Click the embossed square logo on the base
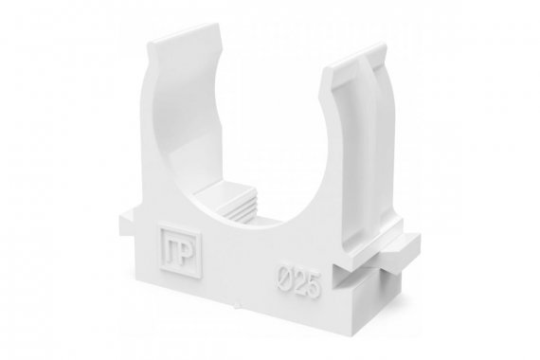tap(180, 251)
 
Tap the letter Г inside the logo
tap(171, 250)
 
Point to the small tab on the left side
tap(127, 222)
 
